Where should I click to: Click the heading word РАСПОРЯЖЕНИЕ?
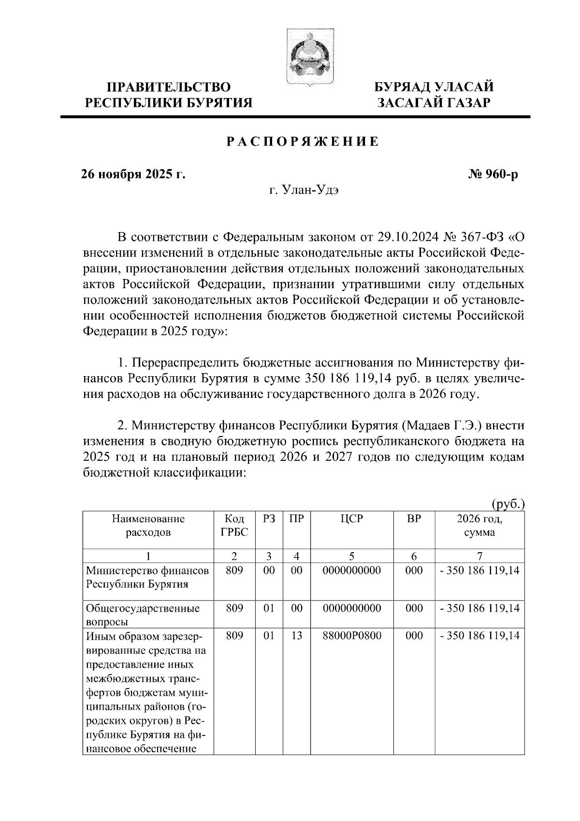[x=303, y=142]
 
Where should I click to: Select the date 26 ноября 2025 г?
[x=133, y=174]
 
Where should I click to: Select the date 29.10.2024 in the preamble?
[x=399, y=238]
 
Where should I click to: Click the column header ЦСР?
[x=351, y=520]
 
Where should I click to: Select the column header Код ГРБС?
[x=234, y=526]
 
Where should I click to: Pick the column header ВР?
[x=414, y=520]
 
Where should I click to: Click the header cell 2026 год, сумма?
[x=479, y=526]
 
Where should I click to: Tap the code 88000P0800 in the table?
[x=351, y=636]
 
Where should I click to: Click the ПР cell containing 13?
[x=296, y=636]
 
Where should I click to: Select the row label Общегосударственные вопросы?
[x=143, y=615]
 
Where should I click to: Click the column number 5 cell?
[x=351, y=557]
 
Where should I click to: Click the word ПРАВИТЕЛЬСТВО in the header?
[x=169, y=88]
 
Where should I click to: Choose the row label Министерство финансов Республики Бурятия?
[x=147, y=577]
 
